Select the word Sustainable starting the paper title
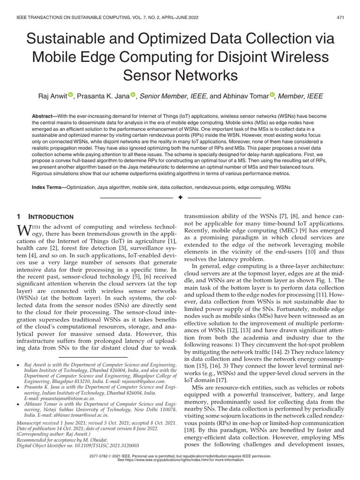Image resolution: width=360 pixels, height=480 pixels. click(65, 37)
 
